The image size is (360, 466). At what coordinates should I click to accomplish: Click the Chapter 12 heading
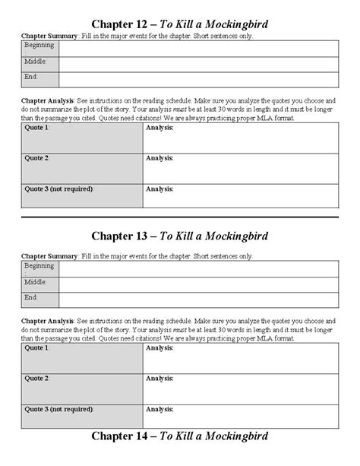tap(180, 24)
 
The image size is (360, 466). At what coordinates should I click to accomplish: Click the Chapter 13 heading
tap(180, 236)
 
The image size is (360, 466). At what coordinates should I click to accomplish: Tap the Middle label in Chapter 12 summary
tap(35, 62)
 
